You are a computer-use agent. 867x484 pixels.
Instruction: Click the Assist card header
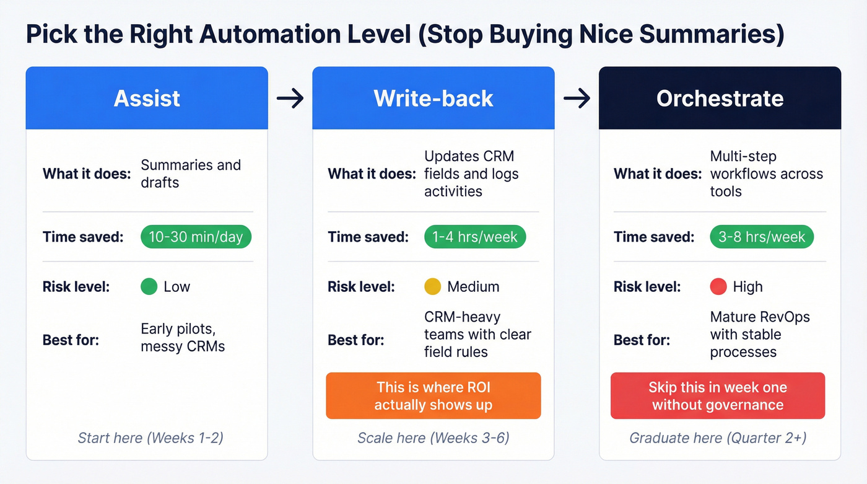pyautogui.click(x=147, y=98)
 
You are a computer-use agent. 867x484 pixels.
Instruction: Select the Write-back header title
pyautogui.click(x=434, y=98)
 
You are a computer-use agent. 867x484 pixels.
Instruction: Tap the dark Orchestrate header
pyautogui.click(x=720, y=98)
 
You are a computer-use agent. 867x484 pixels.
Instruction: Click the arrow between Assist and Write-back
pyautogui.click(x=290, y=98)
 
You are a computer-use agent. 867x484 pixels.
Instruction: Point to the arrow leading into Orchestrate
pyautogui.click(x=577, y=98)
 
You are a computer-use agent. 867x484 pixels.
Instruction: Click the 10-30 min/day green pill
pyautogui.click(x=196, y=237)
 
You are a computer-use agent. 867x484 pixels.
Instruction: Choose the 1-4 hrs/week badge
pyautogui.click(x=475, y=237)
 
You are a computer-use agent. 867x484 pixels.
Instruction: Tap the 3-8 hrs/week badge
pyautogui.click(x=762, y=237)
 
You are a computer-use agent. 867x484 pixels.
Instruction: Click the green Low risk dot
pyautogui.click(x=149, y=287)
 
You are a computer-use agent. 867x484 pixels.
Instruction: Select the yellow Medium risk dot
pyautogui.click(x=432, y=286)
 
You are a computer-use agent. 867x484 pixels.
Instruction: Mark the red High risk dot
pyautogui.click(x=718, y=286)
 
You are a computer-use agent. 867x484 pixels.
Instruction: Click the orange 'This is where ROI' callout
pyautogui.click(x=434, y=396)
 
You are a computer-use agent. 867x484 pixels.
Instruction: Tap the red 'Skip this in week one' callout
pyautogui.click(x=718, y=396)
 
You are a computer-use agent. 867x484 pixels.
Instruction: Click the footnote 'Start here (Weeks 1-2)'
pyautogui.click(x=150, y=438)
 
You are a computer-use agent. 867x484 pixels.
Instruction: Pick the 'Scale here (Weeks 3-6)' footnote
pyautogui.click(x=434, y=438)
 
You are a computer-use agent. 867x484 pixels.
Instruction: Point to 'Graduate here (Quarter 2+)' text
pyautogui.click(x=718, y=438)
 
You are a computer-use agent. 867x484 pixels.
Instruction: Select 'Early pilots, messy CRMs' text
pyautogui.click(x=183, y=337)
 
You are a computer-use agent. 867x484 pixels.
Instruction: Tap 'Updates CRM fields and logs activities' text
pyautogui.click(x=471, y=174)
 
